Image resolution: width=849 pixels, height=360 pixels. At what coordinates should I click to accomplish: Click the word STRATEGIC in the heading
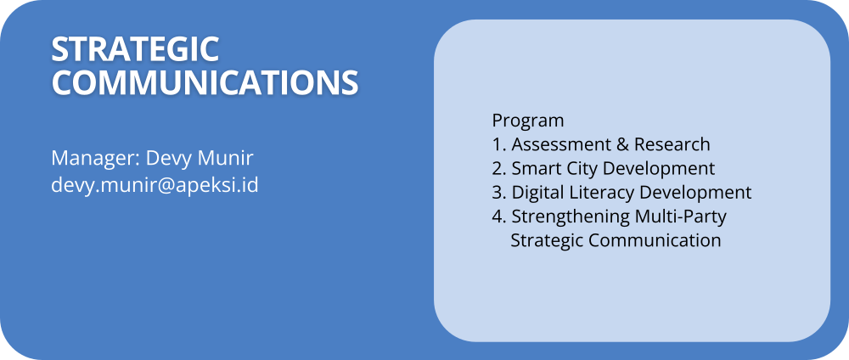pyautogui.click(x=135, y=49)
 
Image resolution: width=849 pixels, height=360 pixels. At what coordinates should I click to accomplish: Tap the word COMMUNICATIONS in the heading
pyautogui.click(x=205, y=82)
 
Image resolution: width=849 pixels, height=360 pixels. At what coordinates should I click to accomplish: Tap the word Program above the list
pyautogui.click(x=528, y=121)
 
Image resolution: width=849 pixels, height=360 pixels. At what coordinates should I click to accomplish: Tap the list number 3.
pyautogui.click(x=498, y=192)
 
